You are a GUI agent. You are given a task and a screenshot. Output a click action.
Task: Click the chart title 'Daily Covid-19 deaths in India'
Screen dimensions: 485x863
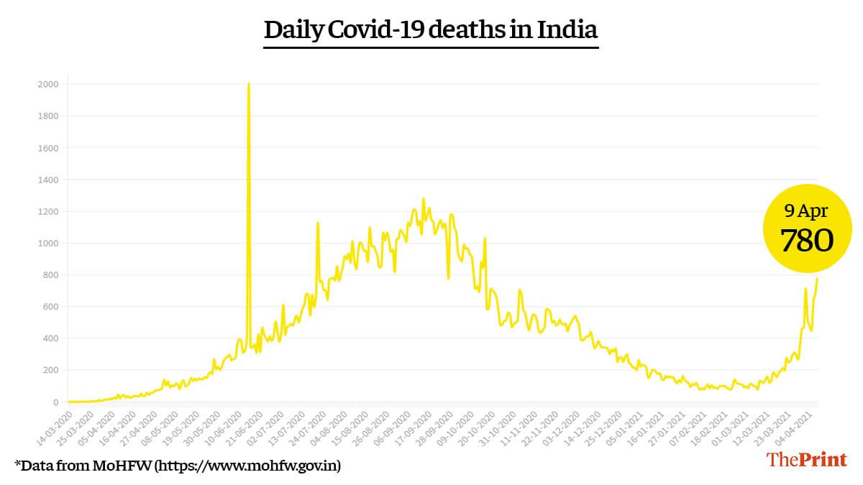click(x=431, y=30)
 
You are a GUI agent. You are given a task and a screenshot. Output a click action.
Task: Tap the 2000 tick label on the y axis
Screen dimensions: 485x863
click(x=49, y=85)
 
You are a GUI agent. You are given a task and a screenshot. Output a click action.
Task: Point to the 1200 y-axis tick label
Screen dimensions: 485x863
click(x=49, y=212)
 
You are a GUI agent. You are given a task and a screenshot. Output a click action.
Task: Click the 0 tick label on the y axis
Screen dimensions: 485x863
click(x=55, y=402)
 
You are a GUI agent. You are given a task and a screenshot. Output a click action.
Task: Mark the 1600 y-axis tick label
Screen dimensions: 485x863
click(x=49, y=148)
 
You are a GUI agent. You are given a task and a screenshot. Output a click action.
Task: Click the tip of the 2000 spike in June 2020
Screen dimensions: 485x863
click(x=248, y=84)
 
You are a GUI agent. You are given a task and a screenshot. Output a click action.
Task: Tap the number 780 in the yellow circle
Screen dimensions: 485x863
click(x=807, y=241)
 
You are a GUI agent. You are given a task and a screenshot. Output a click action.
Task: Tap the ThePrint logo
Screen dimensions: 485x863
click(x=806, y=460)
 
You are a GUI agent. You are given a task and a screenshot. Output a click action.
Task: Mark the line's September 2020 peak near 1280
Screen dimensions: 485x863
click(x=423, y=199)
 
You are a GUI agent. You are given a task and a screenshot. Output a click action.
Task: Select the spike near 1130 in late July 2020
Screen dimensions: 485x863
click(x=318, y=223)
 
